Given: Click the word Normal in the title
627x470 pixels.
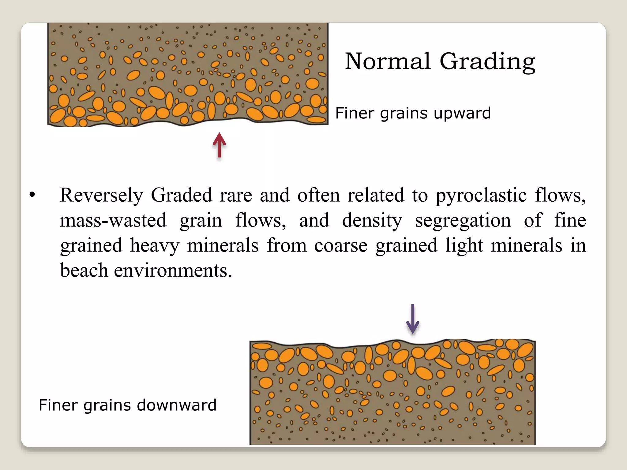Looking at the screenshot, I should coord(388,61).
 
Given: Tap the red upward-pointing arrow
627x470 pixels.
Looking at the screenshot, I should coord(219,145).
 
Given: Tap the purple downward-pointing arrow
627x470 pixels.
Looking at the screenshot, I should coord(412,319).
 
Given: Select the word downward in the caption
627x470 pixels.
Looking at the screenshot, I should coord(177,405).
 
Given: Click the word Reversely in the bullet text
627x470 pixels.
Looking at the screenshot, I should coord(101,196).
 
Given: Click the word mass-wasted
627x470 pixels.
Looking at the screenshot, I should coord(113,220).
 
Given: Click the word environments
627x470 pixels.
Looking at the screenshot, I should coord(173,270).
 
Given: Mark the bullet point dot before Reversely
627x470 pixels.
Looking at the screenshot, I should coord(32,195).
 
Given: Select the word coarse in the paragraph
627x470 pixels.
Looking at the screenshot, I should coord(340,246).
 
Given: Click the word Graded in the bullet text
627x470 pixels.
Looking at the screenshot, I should coord(181,195).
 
